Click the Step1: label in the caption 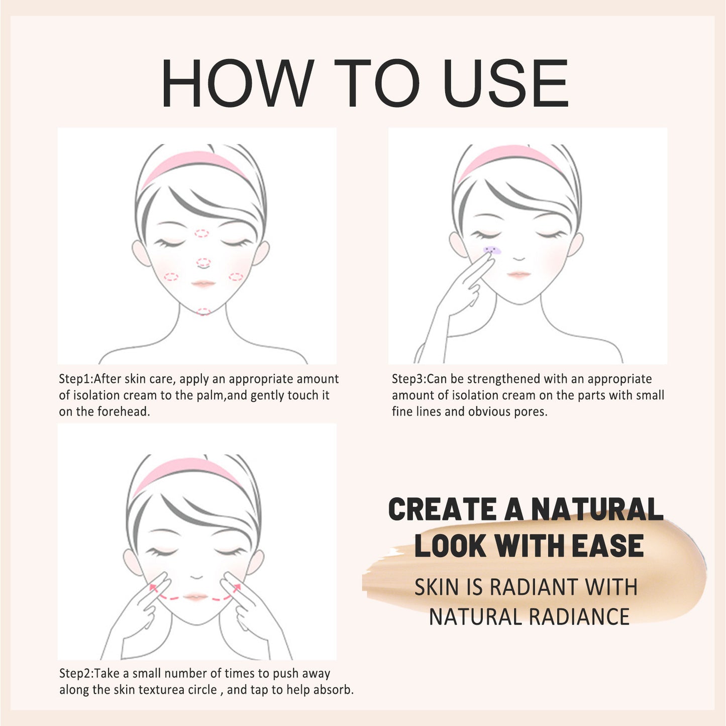(x=76, y=379)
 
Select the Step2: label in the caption (x=76, y=673)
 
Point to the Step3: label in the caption (x=409, y=379)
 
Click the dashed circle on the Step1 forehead (x=201, y=233)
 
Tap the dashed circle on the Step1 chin (x=203, y=312)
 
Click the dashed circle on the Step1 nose (x=203, y=262)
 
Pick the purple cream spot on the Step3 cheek (x=492, y=250)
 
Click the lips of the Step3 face (x=518, y=274)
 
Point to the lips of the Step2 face (x=196, y=596)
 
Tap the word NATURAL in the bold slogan (x=597, y=509)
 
